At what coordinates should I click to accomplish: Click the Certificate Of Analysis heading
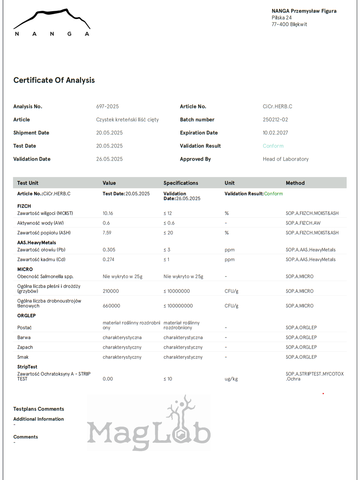click(x=54, y=80)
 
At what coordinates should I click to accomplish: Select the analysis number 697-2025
click(x=107, y=107)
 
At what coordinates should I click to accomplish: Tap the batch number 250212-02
click(x=275, y=119)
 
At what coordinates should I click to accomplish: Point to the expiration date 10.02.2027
click(x=275, y=133)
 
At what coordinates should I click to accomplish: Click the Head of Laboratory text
click(x=285, y=159)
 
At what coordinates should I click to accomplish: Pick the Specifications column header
click(x=181, y=183)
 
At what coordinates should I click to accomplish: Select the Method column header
click(x=295, y=183)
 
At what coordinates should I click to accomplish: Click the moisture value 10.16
click(x=108, y=213)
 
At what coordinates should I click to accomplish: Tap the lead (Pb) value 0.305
click(x=109, y=250)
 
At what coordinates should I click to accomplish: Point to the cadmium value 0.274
click(x=108, y=259)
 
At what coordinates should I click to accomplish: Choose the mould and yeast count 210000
click(x=111, y=291)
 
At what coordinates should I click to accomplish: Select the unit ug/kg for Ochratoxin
click(x=231, y=379)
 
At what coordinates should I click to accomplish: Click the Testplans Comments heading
click(x=39, y=409)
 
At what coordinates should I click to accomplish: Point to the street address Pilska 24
click(x=282, y=18)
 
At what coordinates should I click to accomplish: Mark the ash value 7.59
click(x=107, y=233)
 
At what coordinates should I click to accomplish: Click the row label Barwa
click(x=24, y=338)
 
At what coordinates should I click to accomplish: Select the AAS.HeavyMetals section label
click(x=36, y=243)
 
